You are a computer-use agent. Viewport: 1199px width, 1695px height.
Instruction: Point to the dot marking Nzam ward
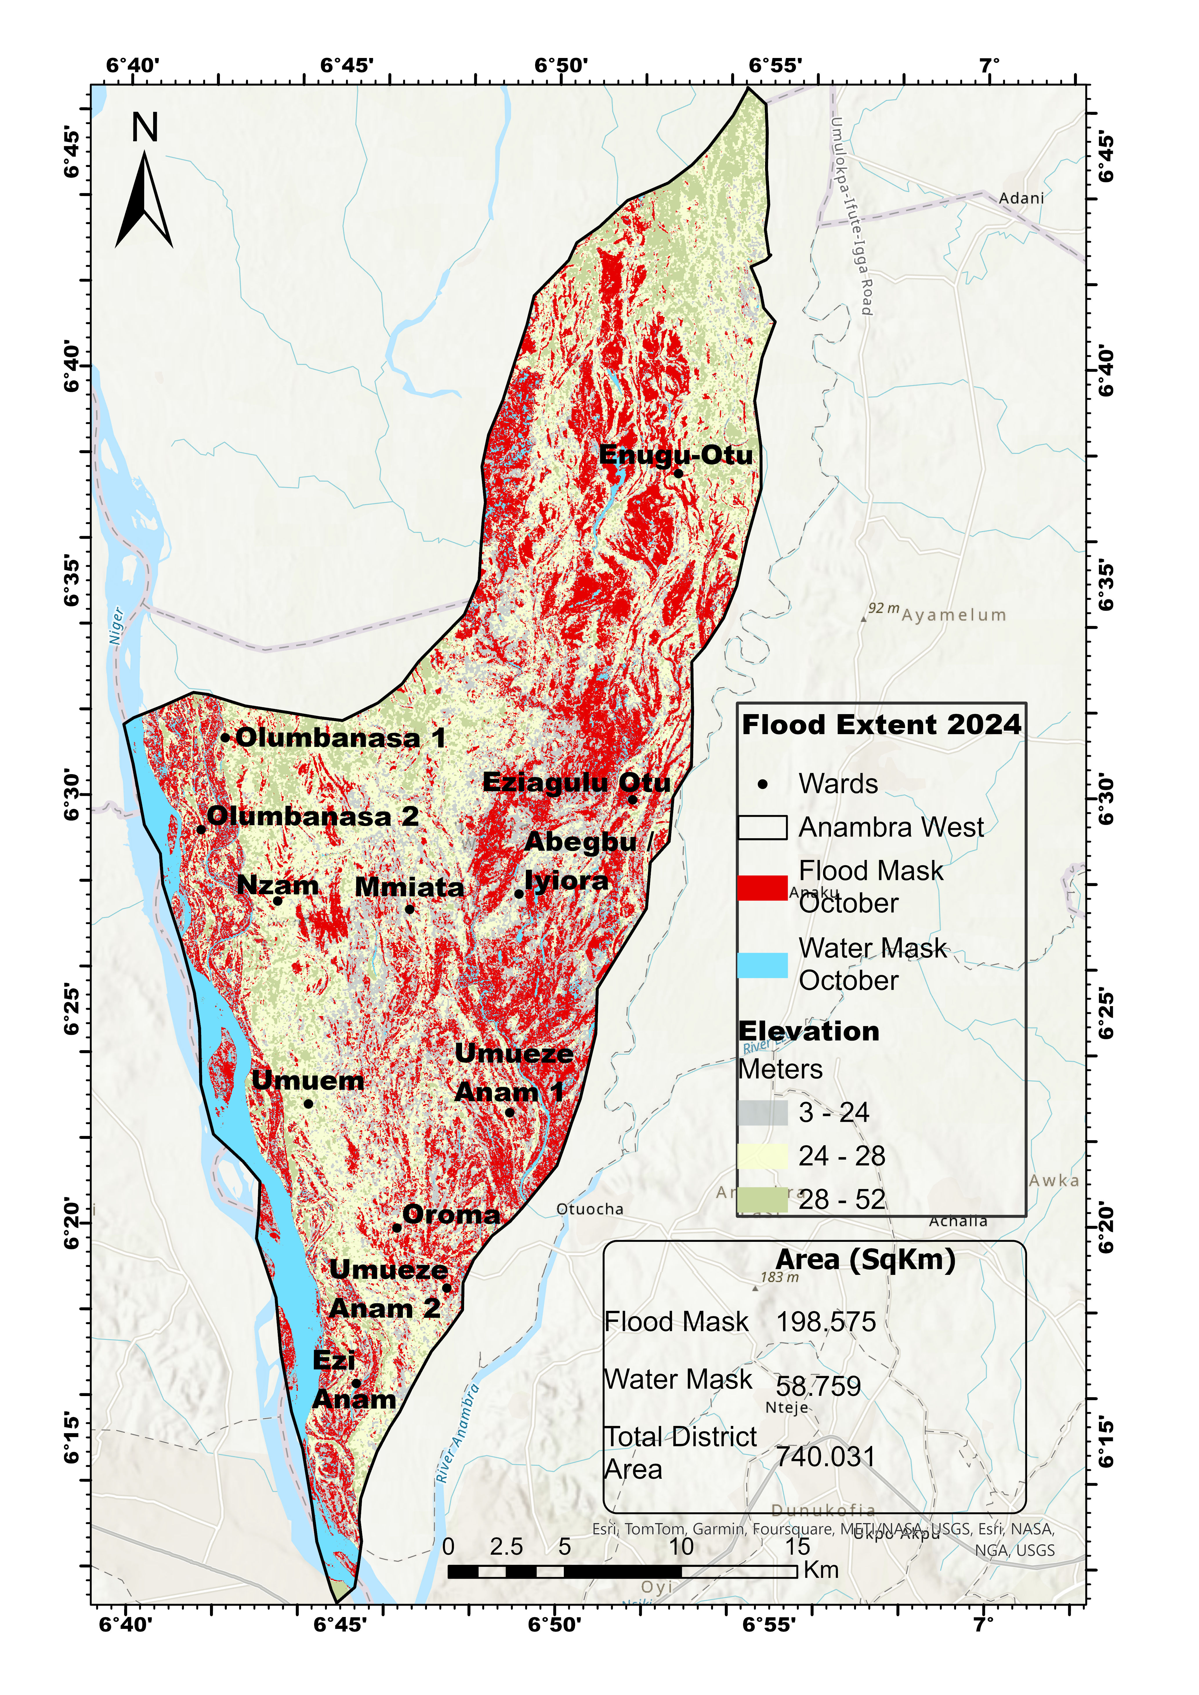[x=278, y=901]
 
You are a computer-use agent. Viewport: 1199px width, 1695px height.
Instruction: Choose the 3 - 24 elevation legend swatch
[x=762, y=1113]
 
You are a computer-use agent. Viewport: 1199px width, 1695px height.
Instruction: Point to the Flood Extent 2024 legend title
[x=881, y=725]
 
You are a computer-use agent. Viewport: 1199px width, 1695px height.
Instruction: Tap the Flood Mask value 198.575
[x=825, y=1322]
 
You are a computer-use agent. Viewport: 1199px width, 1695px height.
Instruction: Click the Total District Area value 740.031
[x=825, y=1457]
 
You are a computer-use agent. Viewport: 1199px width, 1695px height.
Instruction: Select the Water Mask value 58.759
[x=818, y=1387]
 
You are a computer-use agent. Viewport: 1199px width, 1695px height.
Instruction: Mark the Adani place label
[x=1021, y=198]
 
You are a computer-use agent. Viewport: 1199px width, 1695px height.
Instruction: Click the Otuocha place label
[x=590, y=1209]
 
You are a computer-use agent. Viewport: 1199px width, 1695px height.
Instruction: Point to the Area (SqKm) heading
[x=865, y=1260]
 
